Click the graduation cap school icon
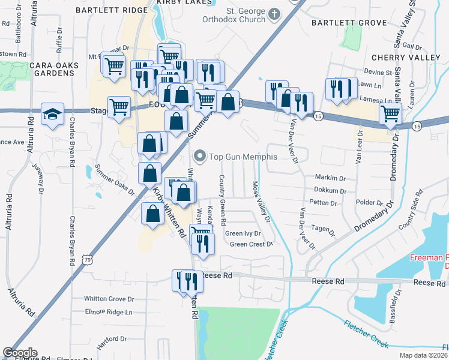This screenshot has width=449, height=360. pos(52,113)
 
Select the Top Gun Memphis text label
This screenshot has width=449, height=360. pos(243,157)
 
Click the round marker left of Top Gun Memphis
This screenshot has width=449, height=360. pos(200,157)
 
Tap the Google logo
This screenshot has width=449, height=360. pos(20,353)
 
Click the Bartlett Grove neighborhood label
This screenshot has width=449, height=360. pos(349,23)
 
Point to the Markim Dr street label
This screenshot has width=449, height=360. pos(330,178)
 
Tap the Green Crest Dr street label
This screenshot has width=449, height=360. pos(252,244)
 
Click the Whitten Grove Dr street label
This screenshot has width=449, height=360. pos(109,299)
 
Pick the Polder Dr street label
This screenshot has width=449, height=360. pos(369,203)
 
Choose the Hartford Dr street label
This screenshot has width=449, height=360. pos(113,339)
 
